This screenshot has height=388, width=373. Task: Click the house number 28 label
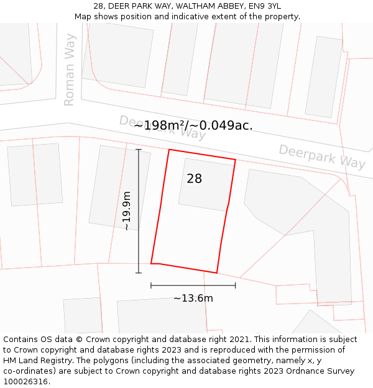194,179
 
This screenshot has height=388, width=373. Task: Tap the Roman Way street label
70,70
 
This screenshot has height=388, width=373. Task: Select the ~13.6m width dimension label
193,299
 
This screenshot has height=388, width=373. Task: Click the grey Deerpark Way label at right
321,156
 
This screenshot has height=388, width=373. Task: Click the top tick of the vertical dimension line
139,150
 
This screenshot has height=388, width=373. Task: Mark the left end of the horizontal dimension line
151,286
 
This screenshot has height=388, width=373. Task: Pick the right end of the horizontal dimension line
235,286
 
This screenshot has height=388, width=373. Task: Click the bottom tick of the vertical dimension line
139,273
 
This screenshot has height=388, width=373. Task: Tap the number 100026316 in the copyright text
25,382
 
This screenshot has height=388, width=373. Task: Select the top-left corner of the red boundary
169,150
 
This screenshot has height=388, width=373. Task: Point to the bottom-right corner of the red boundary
216,273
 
